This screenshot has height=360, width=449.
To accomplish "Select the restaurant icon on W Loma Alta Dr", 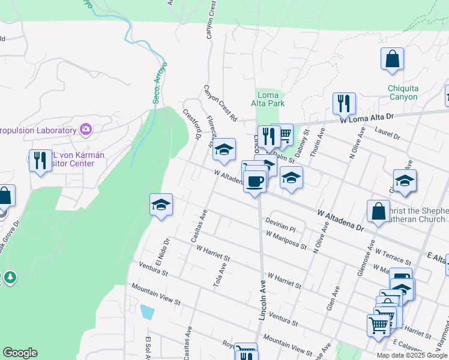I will [344, 103].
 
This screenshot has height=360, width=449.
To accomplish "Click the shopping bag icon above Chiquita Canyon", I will [392, 59].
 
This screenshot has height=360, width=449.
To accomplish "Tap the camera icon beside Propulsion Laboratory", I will [85, 130].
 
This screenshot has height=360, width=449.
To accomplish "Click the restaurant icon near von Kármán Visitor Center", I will [40, 160].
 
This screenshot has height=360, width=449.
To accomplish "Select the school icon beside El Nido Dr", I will [161, 205].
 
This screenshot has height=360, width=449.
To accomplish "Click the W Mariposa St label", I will [287, 240].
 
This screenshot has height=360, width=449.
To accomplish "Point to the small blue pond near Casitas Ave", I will [146, 312].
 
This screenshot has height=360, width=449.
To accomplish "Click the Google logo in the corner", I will [20, 353].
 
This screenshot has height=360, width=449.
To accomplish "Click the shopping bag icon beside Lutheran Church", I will [378, 211].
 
